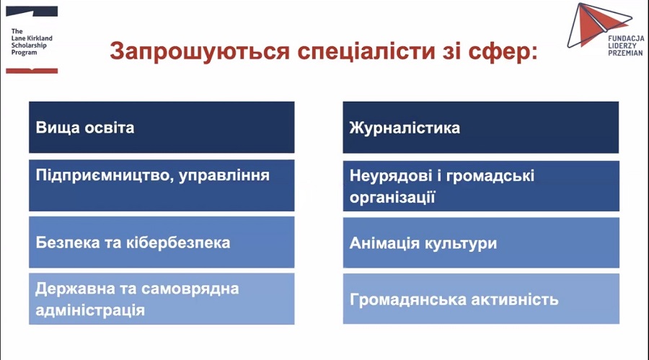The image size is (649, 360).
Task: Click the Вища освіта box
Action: [162, 127]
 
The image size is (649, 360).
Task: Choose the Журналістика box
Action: [480, 128]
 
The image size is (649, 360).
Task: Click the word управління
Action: [224, 176]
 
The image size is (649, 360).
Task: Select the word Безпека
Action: [68, 242]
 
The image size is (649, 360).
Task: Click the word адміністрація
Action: [90, 310]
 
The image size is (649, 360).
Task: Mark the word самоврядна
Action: [190, 289]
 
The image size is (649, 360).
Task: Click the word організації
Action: [392, 198]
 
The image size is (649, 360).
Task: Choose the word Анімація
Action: [384, 243]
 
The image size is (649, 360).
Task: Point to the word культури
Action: [460, 244]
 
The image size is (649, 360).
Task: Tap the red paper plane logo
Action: [599, 25]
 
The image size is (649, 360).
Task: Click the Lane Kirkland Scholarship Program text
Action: [32, 42]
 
